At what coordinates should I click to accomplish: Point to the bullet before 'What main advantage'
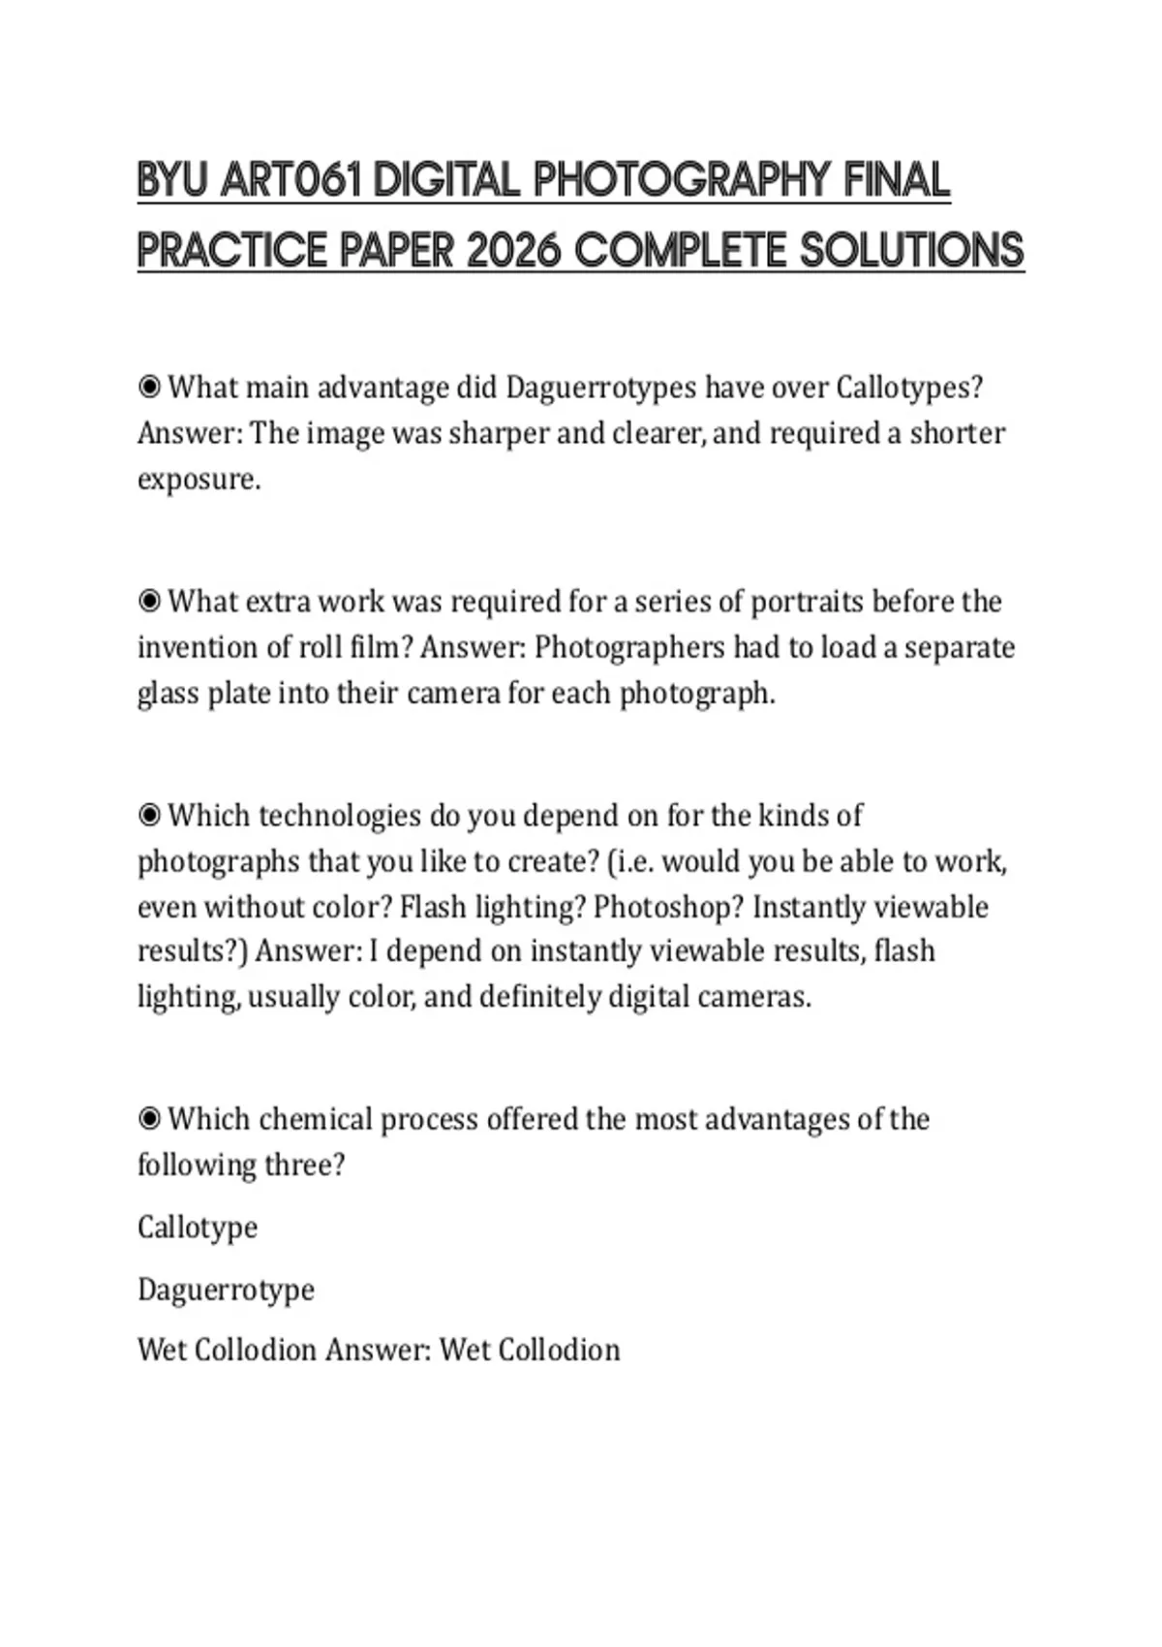[149, 388]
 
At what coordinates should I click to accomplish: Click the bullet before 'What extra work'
[149, 602]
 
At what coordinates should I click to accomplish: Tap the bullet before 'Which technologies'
[149, 816]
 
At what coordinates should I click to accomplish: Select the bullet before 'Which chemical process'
[149, 1120]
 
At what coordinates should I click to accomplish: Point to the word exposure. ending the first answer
[199, 480]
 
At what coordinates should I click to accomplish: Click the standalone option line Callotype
[198, 1227]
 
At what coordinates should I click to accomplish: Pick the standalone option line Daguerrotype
[226, 1290]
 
